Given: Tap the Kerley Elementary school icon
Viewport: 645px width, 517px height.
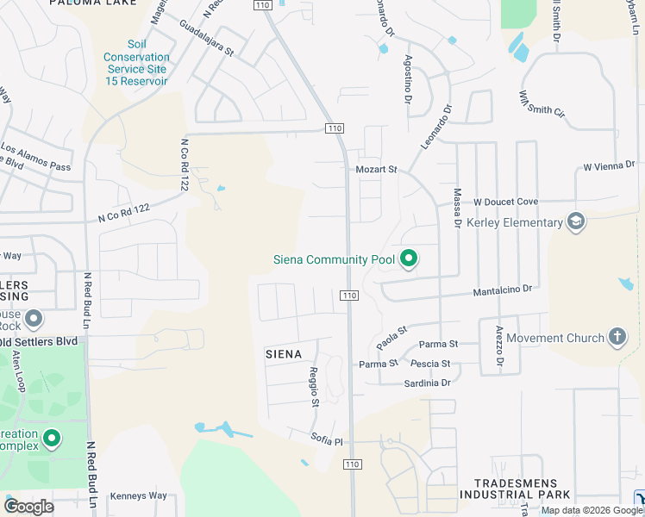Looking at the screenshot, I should pos(575,223).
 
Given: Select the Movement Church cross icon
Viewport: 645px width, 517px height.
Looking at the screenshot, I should pos(617,337).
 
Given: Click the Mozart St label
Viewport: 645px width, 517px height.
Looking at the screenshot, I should pos(376,170).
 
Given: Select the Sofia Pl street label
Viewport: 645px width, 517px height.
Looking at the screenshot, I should pos(327,440).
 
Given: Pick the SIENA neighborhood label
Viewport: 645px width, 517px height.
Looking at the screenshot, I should pos(283,354).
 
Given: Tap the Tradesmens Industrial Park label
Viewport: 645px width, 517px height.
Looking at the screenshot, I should pos(515,489).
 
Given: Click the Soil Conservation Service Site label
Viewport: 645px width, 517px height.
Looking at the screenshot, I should pos(136,57).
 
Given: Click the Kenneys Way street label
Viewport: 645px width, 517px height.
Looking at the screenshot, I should pos(139,495).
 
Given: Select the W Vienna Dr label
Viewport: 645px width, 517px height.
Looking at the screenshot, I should pos(609,165).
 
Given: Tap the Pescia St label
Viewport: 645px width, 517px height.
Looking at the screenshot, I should pos(430,364).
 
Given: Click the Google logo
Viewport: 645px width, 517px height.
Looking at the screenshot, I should pos(28,506).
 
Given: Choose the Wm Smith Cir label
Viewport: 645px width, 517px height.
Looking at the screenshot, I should pos(542,104).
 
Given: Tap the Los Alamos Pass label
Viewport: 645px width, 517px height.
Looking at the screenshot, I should pos(36,155).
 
